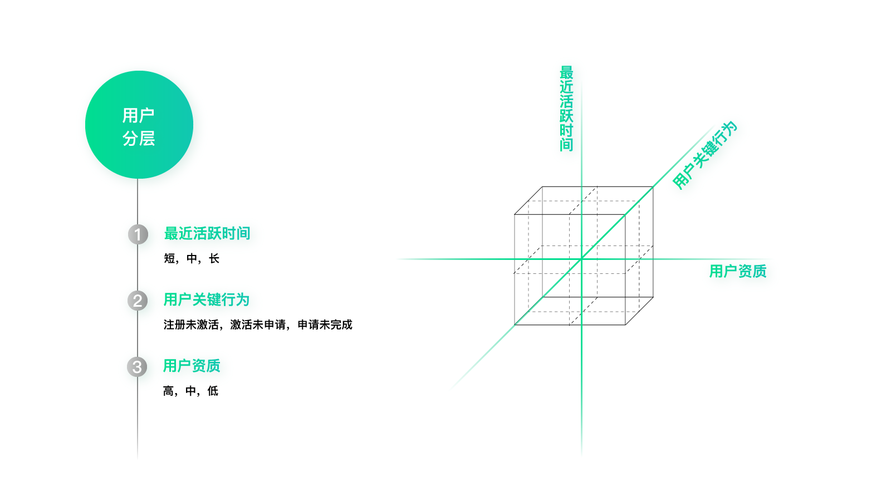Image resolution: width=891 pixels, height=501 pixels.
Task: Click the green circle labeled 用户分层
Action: (139, 125)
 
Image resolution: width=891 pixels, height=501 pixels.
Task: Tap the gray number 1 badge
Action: (138, 234)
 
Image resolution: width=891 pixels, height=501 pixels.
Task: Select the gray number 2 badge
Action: (138, 301)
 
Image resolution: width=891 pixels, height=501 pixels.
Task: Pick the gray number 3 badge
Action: (137, 367)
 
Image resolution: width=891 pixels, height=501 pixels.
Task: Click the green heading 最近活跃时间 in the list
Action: (207, 233)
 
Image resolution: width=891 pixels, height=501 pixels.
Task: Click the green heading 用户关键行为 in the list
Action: (207, 299)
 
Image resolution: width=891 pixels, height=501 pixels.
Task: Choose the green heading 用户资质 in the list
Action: (192, 365)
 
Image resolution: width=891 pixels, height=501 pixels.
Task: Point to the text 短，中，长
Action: (192, 258)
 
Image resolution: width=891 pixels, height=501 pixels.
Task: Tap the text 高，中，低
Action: (191, 391)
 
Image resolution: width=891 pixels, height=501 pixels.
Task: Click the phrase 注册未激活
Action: (191, 325)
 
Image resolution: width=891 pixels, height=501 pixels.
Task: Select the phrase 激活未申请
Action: (258, 325)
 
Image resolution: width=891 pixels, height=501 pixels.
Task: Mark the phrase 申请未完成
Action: (325, 325)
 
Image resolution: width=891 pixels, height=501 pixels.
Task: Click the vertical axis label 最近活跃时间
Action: (566, 109)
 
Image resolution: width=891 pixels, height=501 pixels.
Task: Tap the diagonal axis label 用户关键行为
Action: (705, 155)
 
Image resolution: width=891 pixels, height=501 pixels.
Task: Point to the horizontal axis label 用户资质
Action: (738, 271)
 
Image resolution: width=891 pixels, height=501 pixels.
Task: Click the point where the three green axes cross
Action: (581, 259)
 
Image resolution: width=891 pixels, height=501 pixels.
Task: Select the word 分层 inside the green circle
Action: (139, 139)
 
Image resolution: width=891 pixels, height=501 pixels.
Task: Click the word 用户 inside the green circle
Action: (139, 116)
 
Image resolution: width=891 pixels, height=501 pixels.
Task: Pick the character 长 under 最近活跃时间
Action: (214, 258)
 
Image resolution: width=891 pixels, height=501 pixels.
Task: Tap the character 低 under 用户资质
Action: (213, 391)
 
